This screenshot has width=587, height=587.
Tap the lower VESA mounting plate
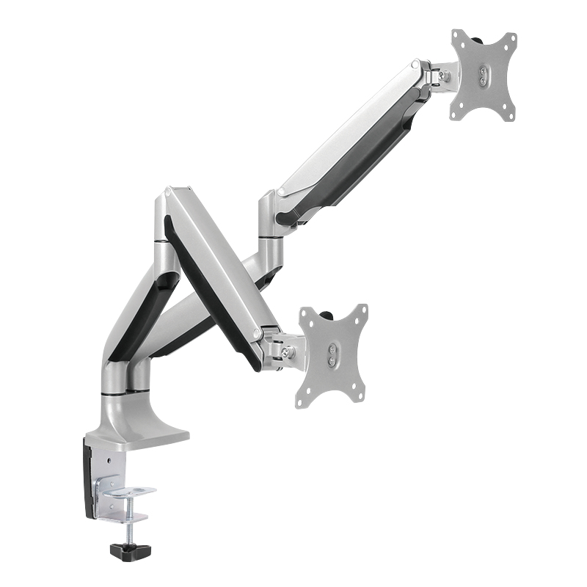click(x=332, y=355)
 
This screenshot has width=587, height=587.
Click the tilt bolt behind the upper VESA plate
click(x=442, y=76)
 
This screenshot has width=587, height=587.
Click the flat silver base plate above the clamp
click(x=147, y=436)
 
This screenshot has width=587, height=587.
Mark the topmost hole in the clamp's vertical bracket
click(x=109, y=462)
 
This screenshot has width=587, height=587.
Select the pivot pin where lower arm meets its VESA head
click(x=258, y=334)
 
